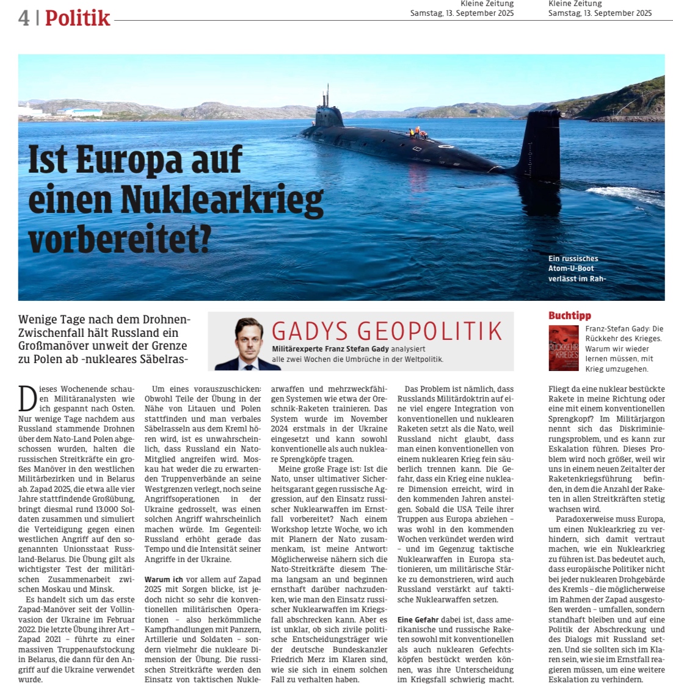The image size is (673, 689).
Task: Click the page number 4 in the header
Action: tap(24, 18)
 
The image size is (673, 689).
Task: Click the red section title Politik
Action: tap(78, 18)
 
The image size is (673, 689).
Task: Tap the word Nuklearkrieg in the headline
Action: tap(222, 200)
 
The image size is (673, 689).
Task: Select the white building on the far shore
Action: tap(79, 112)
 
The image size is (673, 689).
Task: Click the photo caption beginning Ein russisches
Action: tap(577, 269)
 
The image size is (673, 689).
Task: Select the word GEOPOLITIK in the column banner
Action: tap(438, 331)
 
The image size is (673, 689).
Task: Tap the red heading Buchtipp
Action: tap(569, 316)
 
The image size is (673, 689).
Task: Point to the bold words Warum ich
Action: tap(164, 579)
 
